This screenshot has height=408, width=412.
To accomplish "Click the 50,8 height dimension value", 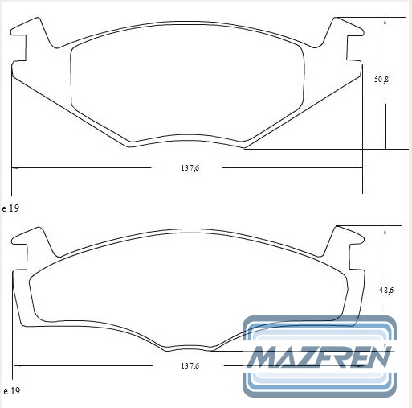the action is [381, 80].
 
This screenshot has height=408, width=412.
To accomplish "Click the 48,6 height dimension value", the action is [386, 290].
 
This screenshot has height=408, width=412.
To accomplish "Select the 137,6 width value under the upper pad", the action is [190, 168].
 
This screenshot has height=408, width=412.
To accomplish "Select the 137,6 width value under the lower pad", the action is [190, 365].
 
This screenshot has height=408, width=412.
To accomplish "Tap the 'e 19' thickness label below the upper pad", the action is [10, 208].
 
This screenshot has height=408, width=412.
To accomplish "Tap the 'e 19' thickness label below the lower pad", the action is [11, 391].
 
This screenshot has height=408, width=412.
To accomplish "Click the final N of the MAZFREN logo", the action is [380, 356].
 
